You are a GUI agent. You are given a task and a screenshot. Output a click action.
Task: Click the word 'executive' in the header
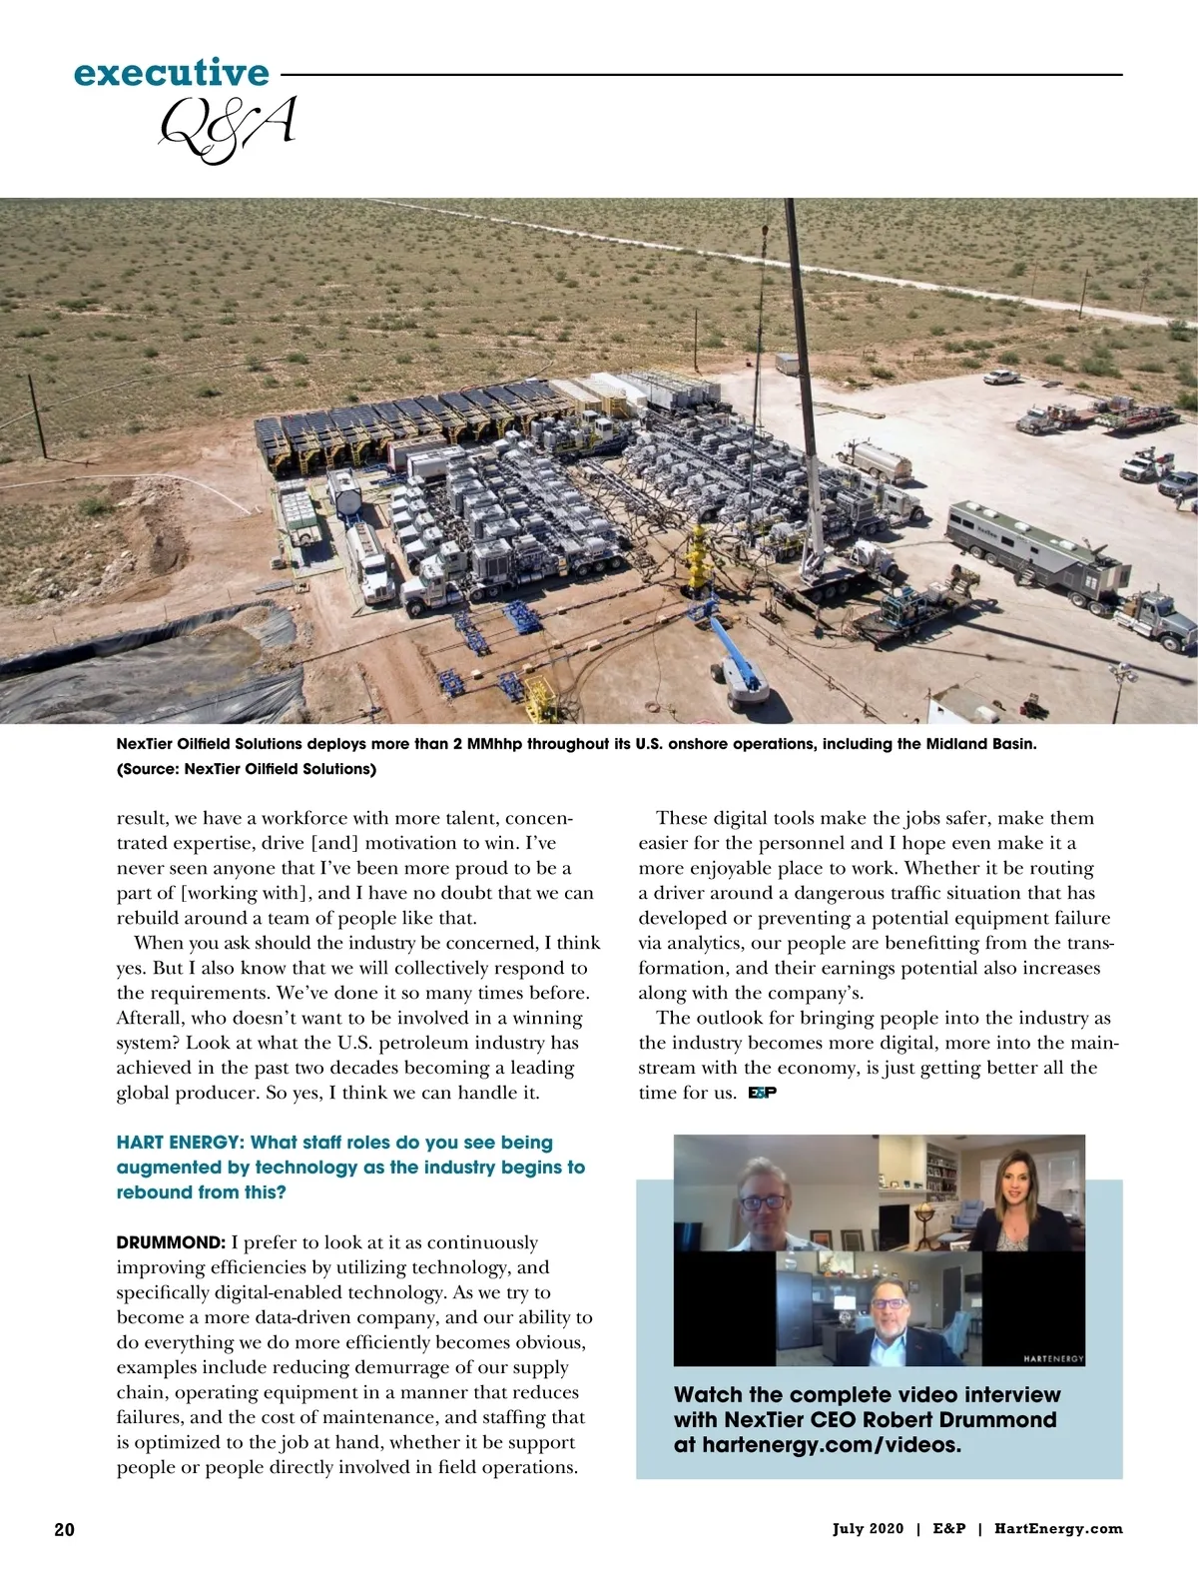[171, 73]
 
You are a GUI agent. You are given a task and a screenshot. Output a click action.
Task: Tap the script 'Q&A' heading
[228, 129]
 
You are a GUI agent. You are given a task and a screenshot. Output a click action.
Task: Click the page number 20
[64, 1529]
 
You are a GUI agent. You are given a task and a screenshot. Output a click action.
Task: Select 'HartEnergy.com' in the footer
[1058, 1529]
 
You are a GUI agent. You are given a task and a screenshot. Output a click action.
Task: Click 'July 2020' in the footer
[868, 1529]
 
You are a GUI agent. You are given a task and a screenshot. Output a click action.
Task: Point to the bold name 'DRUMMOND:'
[171, 1243]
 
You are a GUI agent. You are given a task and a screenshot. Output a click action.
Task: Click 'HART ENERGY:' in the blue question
[180, 1143]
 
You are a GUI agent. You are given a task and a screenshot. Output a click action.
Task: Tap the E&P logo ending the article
[762, 1093]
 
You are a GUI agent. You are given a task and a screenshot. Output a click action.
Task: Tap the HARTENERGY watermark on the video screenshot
[1053, 1358]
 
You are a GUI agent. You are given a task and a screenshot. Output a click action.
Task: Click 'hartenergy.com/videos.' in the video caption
[817, 1445]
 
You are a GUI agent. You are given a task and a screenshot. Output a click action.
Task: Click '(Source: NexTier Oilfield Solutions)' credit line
[247, 769]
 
